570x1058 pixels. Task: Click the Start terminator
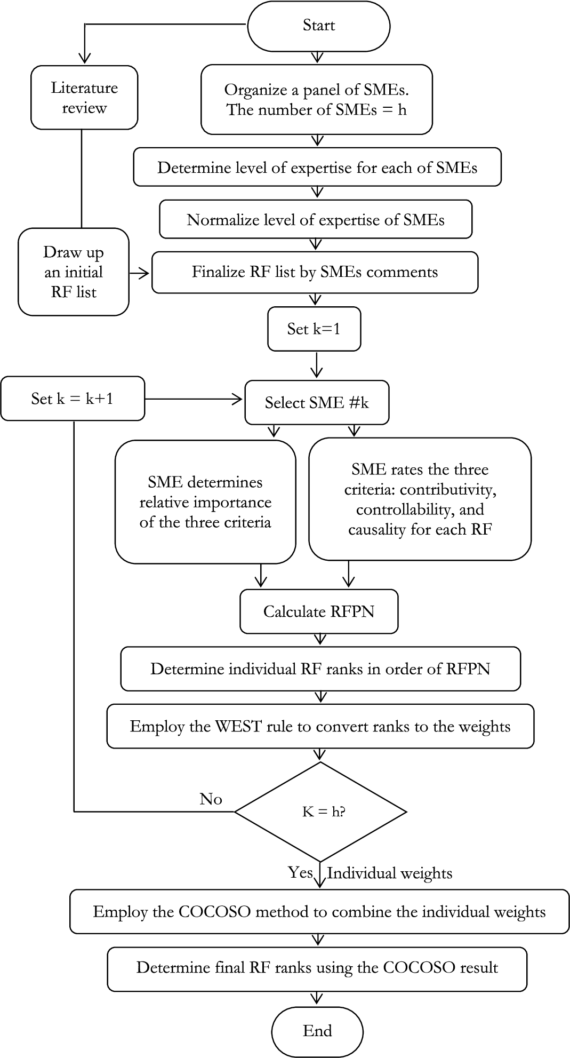click(x=318, y=26)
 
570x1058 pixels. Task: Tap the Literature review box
click(x=84, y=98)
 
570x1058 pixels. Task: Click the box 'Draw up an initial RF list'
click(x=74, y=272)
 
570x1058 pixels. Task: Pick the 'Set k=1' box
click(x=314, y=329)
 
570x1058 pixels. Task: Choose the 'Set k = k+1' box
click(x=73, y=399)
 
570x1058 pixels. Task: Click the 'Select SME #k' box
click(x=317, y=402)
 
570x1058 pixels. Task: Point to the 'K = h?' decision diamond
click(x=320, y=812)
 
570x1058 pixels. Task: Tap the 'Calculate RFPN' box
click(x=319, y=611)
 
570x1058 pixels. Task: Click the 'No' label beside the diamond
click(x=211, y=799)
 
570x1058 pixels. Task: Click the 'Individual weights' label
click(x=390, y=873)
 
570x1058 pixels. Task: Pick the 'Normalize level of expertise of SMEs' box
click(x=316, y=219)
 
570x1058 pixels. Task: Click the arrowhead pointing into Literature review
click(x=84, y=58)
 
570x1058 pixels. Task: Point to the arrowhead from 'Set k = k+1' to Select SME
click(x=236, y=399)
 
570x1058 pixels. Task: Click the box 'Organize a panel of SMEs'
click(x=317, y=99)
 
